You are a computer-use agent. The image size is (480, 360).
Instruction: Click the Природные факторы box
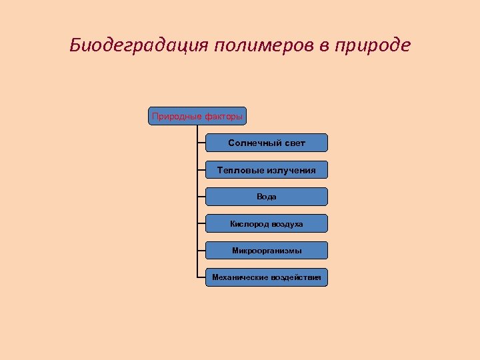pyautogui.click(x=197, y=116)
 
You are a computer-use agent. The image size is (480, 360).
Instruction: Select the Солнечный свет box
pyautogui.click(x=267, y=143)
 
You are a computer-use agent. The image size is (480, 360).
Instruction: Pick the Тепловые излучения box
pyautogui.click(x=267, y=170)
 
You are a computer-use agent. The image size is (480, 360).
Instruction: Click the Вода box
pyautogui.click(x=267, y=197)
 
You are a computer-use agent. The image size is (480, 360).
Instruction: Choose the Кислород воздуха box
pyautogui.click(x=267, y=224)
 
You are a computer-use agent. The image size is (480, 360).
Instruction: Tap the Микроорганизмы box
pyautogui.click(x=267, y=251)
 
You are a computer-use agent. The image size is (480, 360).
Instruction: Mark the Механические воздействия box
pyautogui.click(x=267, y=277)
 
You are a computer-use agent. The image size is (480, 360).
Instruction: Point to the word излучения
pyautogui.click(x=291, y=170)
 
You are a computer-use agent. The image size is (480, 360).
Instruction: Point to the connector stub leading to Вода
pyautogui.click(x=201, y=197)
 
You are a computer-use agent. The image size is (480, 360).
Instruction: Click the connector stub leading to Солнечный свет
pyautogui.click(x=201, y=143)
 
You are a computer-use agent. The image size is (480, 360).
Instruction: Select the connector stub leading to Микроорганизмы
pyautogui.click(x=201, y=251)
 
